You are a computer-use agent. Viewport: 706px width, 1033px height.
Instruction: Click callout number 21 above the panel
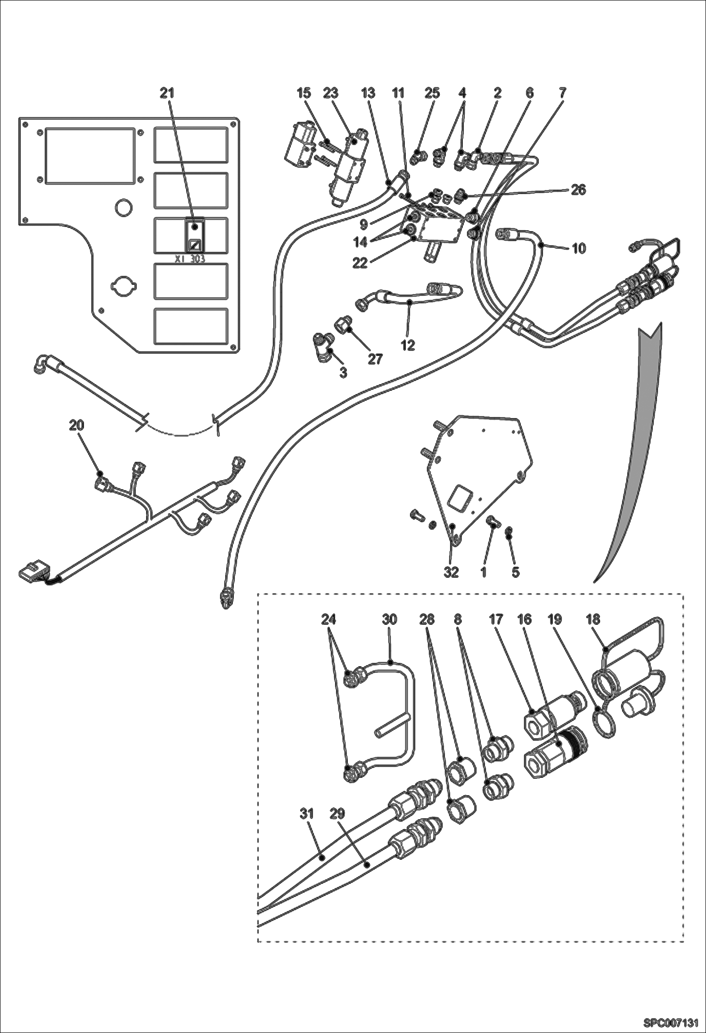pos(167,93)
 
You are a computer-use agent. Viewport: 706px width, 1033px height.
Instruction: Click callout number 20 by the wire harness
pos(77,425)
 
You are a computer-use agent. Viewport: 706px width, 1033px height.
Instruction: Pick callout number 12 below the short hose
pos(408,345)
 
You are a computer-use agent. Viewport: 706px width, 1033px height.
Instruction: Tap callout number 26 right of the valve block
pos(578,190)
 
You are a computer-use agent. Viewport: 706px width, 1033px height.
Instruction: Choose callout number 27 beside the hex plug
pos(375,359)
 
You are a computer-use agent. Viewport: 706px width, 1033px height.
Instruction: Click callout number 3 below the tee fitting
pos(343,372)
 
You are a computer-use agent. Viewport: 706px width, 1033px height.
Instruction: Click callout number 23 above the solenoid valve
pos(331,93)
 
